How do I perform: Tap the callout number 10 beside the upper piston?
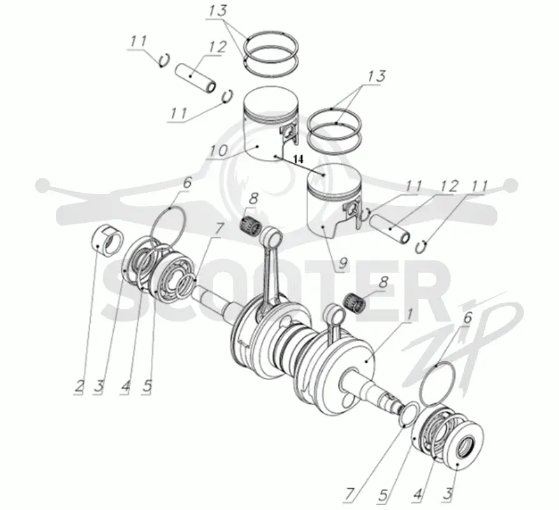[217, 152]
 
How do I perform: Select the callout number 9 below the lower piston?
[342, 263]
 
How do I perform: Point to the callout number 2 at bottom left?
[79, 386]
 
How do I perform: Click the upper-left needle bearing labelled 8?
[252, 221]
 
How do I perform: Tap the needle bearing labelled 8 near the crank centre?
[356, 302]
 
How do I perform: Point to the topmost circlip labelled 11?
[164, 61]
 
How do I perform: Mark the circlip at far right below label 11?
[422, 247]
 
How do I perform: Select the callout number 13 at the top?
[218, 10]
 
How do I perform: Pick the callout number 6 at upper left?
[187, 184]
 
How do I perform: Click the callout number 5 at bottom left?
[147, 386]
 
